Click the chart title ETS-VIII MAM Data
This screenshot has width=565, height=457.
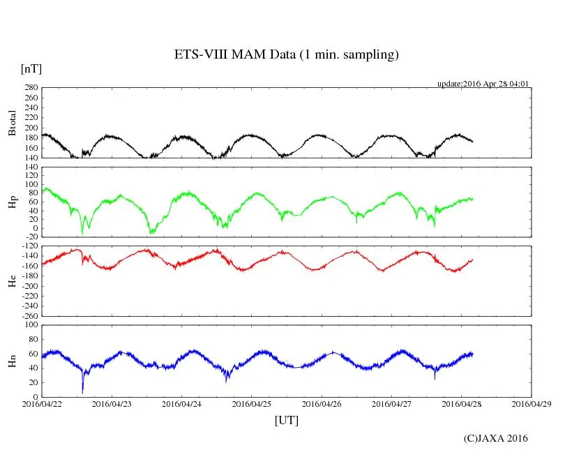[286, 55]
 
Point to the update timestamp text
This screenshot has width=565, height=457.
[483, 84]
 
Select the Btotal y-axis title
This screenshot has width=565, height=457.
[12, 123]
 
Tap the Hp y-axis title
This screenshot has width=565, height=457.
[12, 202]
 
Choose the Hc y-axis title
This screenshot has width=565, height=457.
[12, 281]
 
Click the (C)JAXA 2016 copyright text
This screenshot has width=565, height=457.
[495, 438]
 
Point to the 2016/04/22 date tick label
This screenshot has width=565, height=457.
[42, 404]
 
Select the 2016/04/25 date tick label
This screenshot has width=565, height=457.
[252, 404]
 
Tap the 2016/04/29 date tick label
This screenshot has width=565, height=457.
[532, 404]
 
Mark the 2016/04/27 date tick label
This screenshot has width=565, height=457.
[391, 404]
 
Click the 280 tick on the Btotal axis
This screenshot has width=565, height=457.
[31, 88]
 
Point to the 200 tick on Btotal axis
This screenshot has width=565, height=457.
[31, 128]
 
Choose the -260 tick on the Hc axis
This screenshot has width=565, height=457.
[29, 315]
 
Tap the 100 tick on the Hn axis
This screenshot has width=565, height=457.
[31, 325]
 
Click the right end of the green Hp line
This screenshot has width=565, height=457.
[472, 199]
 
